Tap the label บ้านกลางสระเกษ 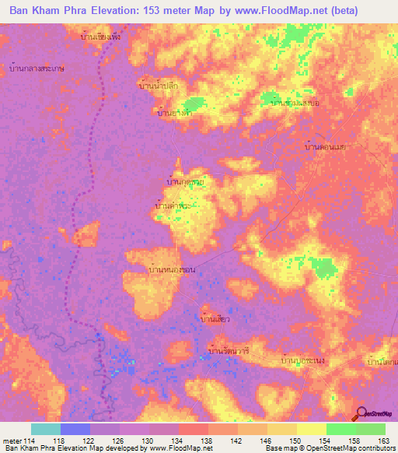pyautogui.click(x=35, y=68)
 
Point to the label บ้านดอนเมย pyautogui.click(x=325, y=146)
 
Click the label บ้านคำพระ pyautogui.click(x=173, y=206)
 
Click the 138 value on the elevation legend pyautogui.click(x=208, y=440)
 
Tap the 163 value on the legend pyautogui.click(x=383, y=440)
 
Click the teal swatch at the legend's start pyautogui.click(x=46, y=429)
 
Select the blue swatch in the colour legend pyautogui.click(x=75, y=429)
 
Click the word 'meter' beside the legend pyautogui.click(x=12, y=440)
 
